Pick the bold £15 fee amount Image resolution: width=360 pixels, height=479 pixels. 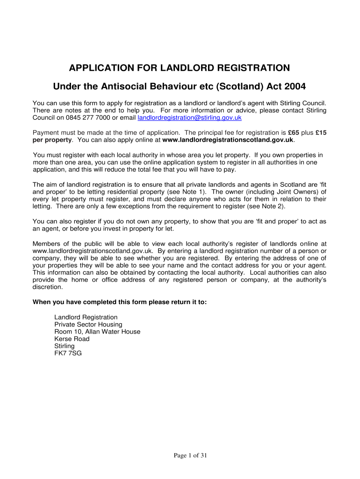(x=321, y=132)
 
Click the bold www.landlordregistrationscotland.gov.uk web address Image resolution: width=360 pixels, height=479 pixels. (x=228, y=139)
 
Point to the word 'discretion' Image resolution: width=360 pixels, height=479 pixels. (x=48, y=287)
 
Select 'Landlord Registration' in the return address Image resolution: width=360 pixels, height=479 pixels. (x=86, y=317)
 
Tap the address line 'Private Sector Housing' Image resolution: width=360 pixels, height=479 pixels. (x=88, y=324)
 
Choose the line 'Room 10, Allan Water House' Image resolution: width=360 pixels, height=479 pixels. (x=97, y=332)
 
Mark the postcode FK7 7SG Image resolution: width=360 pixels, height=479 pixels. (x=68, y=353)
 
